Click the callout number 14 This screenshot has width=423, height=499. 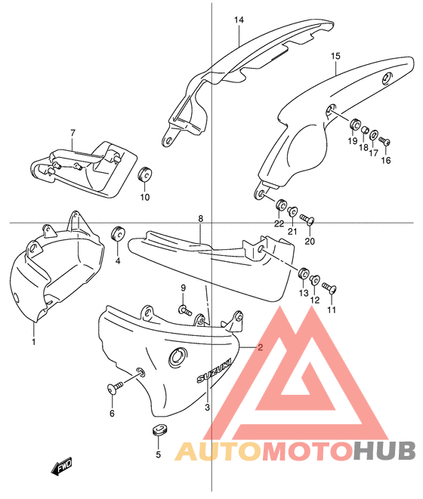click(x=239, y=20)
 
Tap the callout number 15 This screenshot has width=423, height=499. click(x=335, y=57)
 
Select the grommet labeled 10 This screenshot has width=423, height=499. click(x=145, y=174)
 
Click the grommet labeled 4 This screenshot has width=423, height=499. click(x=118, y=235)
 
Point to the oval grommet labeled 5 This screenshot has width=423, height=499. click(x=159, y=430)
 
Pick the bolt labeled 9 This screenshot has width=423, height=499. click(x=186, y=310)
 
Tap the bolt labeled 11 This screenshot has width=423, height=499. click(x=329, y=287)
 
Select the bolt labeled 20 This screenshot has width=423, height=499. click(x=307, y=219)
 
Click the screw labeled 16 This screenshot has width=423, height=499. click(x=384, y=140)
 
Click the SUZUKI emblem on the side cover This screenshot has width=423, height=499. click(x=214, y=371)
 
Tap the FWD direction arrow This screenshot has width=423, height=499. click(x=61, y=467)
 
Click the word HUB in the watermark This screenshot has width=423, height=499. click(x=384, y=451)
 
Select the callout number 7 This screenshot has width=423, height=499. click(x=73, y=133)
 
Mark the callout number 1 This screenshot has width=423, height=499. click(x=33, y=342)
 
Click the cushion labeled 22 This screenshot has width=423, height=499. click(x=281, y=205)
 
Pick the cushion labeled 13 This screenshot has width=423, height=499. click(x=304, y=273)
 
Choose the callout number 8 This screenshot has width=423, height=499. click(x=200, y=219)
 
